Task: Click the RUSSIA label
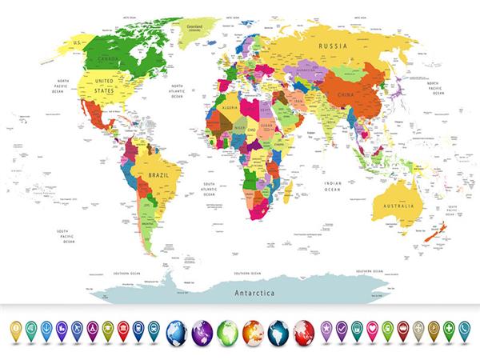[x=332, y=47]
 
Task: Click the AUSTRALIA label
[x=398, y=206]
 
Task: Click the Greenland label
[x=194, y=26]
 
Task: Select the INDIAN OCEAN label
[x=332, y=186]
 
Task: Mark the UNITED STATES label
[x=105, y=86]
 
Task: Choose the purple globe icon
[x=202, y=330]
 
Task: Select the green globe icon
[x=228, y=330]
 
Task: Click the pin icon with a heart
[x=372, y=328]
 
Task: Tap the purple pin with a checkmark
[x=342, y=328]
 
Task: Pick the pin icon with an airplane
[x=77, y=328]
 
